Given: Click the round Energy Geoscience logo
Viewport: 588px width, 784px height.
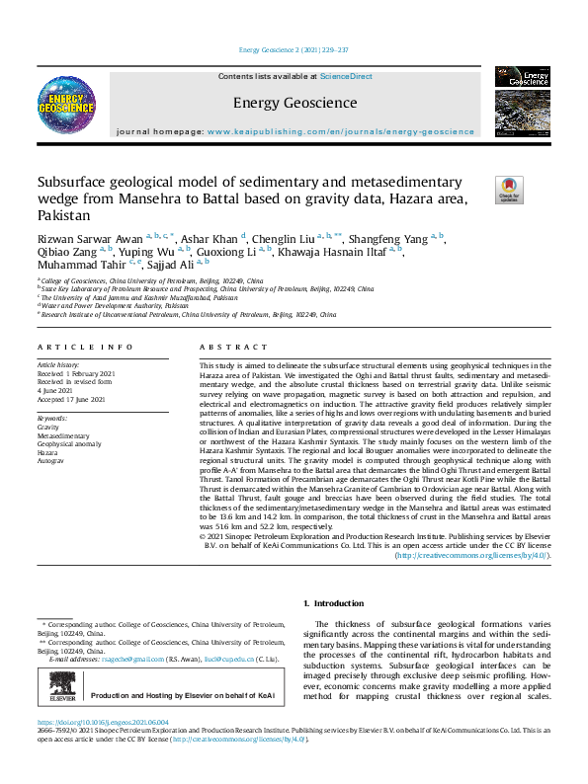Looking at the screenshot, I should tap(66, 103).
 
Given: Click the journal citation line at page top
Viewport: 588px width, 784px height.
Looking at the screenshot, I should tap(294, 50).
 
